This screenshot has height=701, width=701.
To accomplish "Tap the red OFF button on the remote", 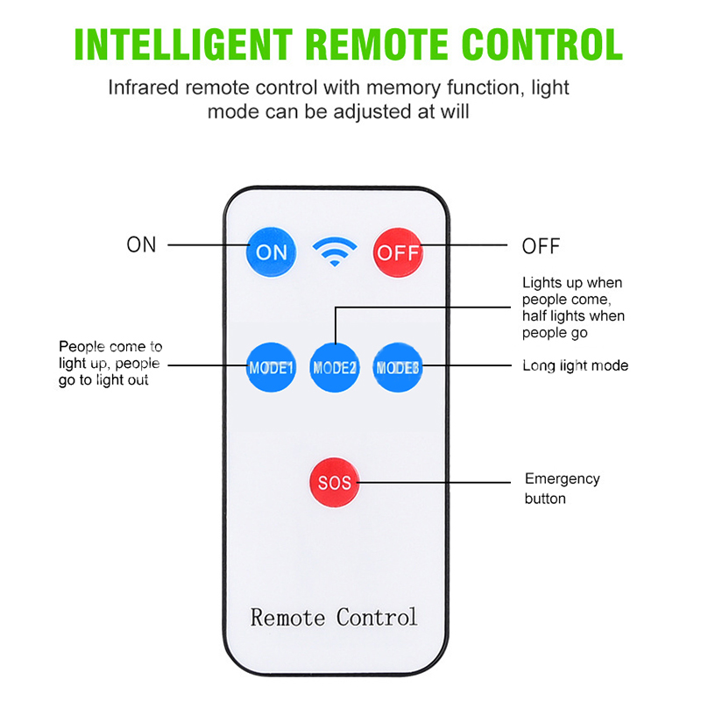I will tap(399, 252).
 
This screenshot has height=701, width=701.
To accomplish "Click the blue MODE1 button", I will tap(270, 366).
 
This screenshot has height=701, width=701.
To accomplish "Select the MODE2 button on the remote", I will tap(335, 367).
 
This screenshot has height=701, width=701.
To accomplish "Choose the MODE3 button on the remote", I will tap(399, 367).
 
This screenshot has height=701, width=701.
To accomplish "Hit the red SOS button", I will tap(334, 482).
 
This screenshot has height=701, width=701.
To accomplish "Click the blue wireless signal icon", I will tap(335, 252).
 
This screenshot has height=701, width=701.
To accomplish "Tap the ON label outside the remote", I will tap(141, 244).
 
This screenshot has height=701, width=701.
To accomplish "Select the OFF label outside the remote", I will tap(541, 246).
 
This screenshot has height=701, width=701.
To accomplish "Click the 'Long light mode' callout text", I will tap(575, 365).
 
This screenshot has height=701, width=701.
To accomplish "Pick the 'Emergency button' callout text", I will tap(562, 488).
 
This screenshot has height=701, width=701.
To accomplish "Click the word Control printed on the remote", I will tap(377, 617).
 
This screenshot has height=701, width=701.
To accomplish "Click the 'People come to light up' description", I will tap(110, 363).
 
